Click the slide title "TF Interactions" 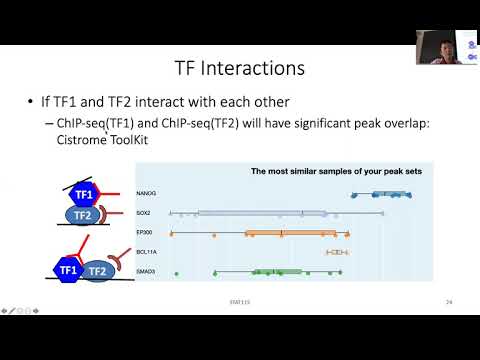coord(240,68)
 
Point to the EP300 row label coord(174,233)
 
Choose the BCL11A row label coord(175,251)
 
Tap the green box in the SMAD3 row coord(278,271)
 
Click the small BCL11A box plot coord(337,251)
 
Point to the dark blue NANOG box coord(370,195)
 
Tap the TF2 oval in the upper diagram coord(85,214)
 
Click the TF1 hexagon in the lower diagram coord(69,270)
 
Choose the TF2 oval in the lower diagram coord(97,271)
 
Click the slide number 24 coord(450,301)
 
